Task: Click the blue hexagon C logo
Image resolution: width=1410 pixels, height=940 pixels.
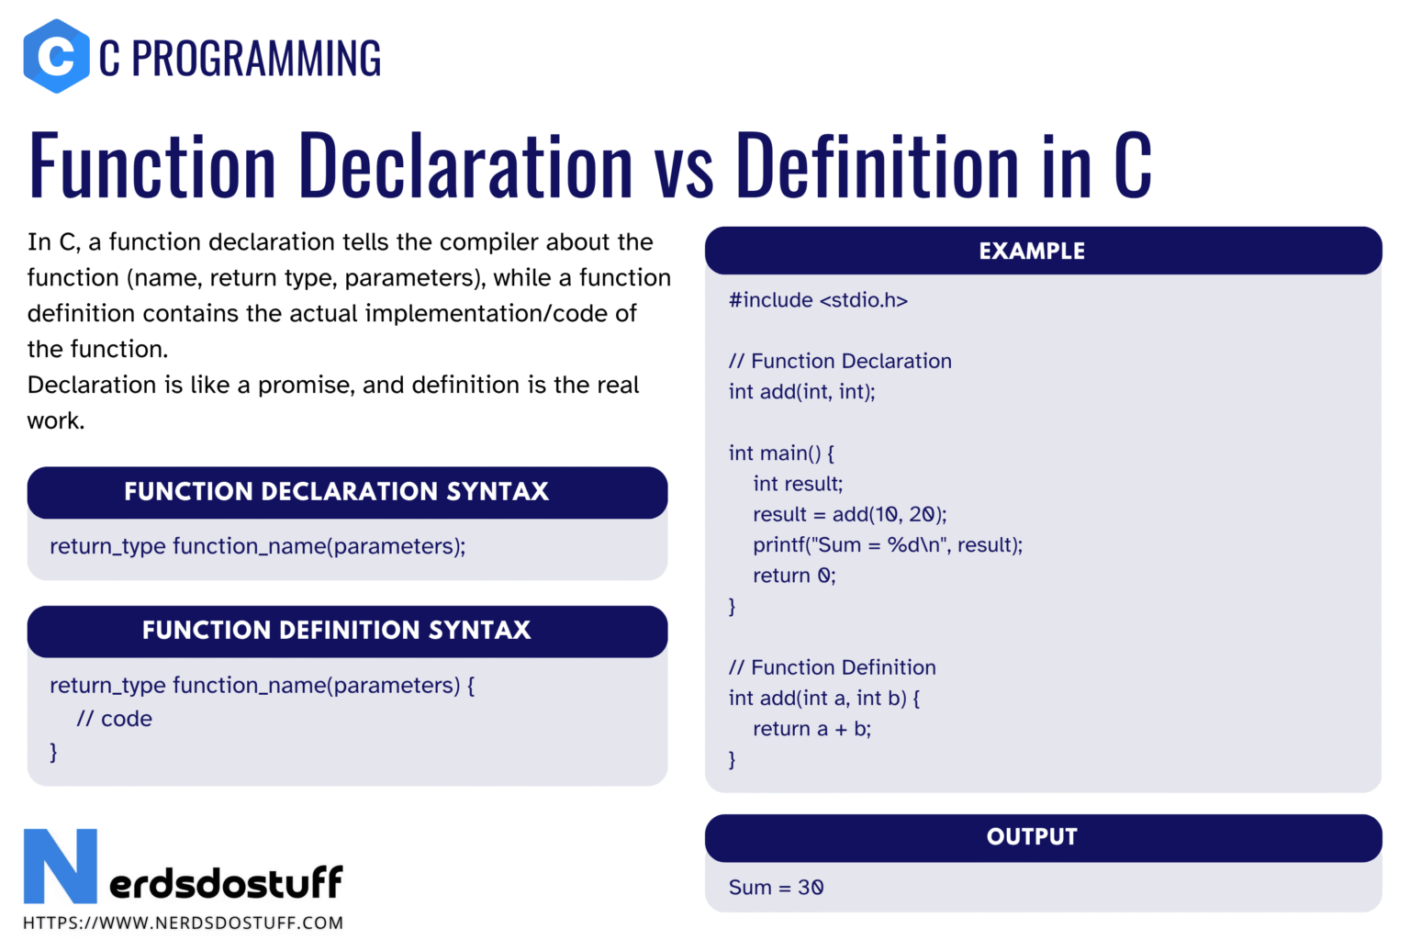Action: pyautogui.click(x=56, y=56)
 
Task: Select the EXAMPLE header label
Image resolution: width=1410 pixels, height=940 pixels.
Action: pyautogui.click(x=1032, y=252)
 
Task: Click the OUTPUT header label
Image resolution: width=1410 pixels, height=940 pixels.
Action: pyautogui.click(x=1032, y=837)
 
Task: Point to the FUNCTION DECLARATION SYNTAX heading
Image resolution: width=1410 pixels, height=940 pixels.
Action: pyautogui.click(x=336, y=492)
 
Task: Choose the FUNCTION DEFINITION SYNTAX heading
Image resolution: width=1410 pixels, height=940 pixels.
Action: pyautogui.click(x=336, y=631)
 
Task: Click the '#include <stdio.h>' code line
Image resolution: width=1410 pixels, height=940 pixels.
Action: pyautogui.click(x=818, y=300)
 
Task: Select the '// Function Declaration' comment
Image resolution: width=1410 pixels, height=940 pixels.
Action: pyautogui.click(x=840, y=361)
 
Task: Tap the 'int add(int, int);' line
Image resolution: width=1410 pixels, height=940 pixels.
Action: pyautogui.click(x=802, y=392)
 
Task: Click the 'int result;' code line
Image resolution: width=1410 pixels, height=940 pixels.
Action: pyautogui.click(x=798, y=484)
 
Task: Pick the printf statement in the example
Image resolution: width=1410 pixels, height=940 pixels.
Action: pyautogui.click(x=888, y=544)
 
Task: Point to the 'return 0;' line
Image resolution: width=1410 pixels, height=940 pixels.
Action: pyautogui.click(x=794, y=576)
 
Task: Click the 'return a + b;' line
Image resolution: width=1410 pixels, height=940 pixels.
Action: pyautogui.click(x=812, y=729)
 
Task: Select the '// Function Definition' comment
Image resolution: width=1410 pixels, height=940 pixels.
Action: pyautogui.click(x=833, y=667)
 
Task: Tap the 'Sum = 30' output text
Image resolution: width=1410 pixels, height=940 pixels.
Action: pyautogui.click(x=776, y=887)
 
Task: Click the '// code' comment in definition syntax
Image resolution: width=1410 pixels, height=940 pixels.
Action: pyautogui.click(x=114, y=719)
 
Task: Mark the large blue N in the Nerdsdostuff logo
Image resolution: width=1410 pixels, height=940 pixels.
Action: pyautogui.click(x=61, y=867)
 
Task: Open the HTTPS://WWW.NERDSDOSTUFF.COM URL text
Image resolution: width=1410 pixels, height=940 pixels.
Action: pyautogui.click(x=184, y=923)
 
